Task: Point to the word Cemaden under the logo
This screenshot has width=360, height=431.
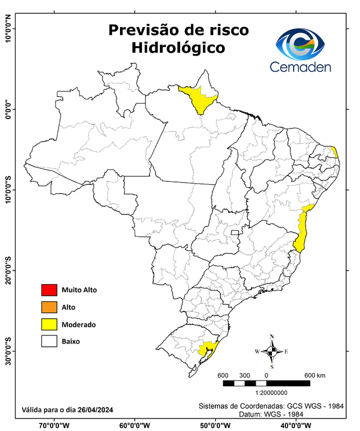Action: [301, 67]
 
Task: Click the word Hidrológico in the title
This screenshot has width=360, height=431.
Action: [179, 48]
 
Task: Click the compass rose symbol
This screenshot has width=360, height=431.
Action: [271, 352]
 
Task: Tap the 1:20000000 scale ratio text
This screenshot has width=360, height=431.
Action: [272, 393]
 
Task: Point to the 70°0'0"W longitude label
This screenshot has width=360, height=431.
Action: [54, 425]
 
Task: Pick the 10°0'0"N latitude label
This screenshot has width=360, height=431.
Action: [8, 29]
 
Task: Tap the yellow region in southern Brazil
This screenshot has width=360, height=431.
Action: [209, 349]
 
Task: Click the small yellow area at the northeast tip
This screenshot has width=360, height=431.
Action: [335, 152]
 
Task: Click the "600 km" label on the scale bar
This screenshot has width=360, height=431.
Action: [315, 375]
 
